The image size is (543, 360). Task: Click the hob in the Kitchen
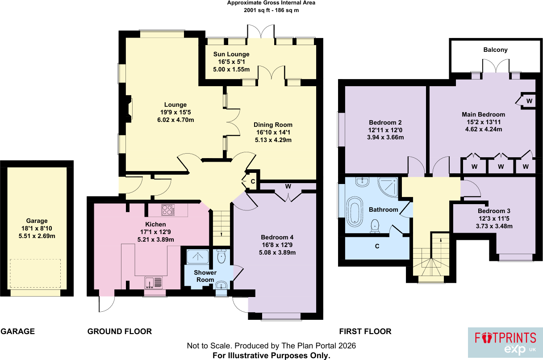pos(168,210)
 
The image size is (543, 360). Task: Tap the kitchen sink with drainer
pos(154,283)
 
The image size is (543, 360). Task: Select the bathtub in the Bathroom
pos(355,212)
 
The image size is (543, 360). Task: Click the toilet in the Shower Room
pos(221,257)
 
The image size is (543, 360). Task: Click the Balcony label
pos(495,50)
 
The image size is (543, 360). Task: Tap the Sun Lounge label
pos(231,54)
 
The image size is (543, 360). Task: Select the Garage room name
pos(37,221)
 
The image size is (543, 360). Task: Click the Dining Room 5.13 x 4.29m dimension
pos(273,140)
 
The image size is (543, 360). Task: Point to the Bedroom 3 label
pos(494,211)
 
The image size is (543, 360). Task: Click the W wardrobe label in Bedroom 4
pos(288,186)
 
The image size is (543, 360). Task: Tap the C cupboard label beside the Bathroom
pos(377,246)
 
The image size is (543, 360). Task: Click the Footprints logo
pos(505,342)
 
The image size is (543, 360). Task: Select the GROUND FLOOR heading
pos(120,331)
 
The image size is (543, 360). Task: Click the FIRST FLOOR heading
pos(365,331)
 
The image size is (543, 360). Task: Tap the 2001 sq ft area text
pos(256,10)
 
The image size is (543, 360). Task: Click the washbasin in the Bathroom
pos(362,182)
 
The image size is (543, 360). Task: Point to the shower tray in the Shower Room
pos(198,257)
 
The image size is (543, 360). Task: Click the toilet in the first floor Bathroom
pos(375,226)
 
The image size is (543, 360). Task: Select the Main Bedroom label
pos(483,114)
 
